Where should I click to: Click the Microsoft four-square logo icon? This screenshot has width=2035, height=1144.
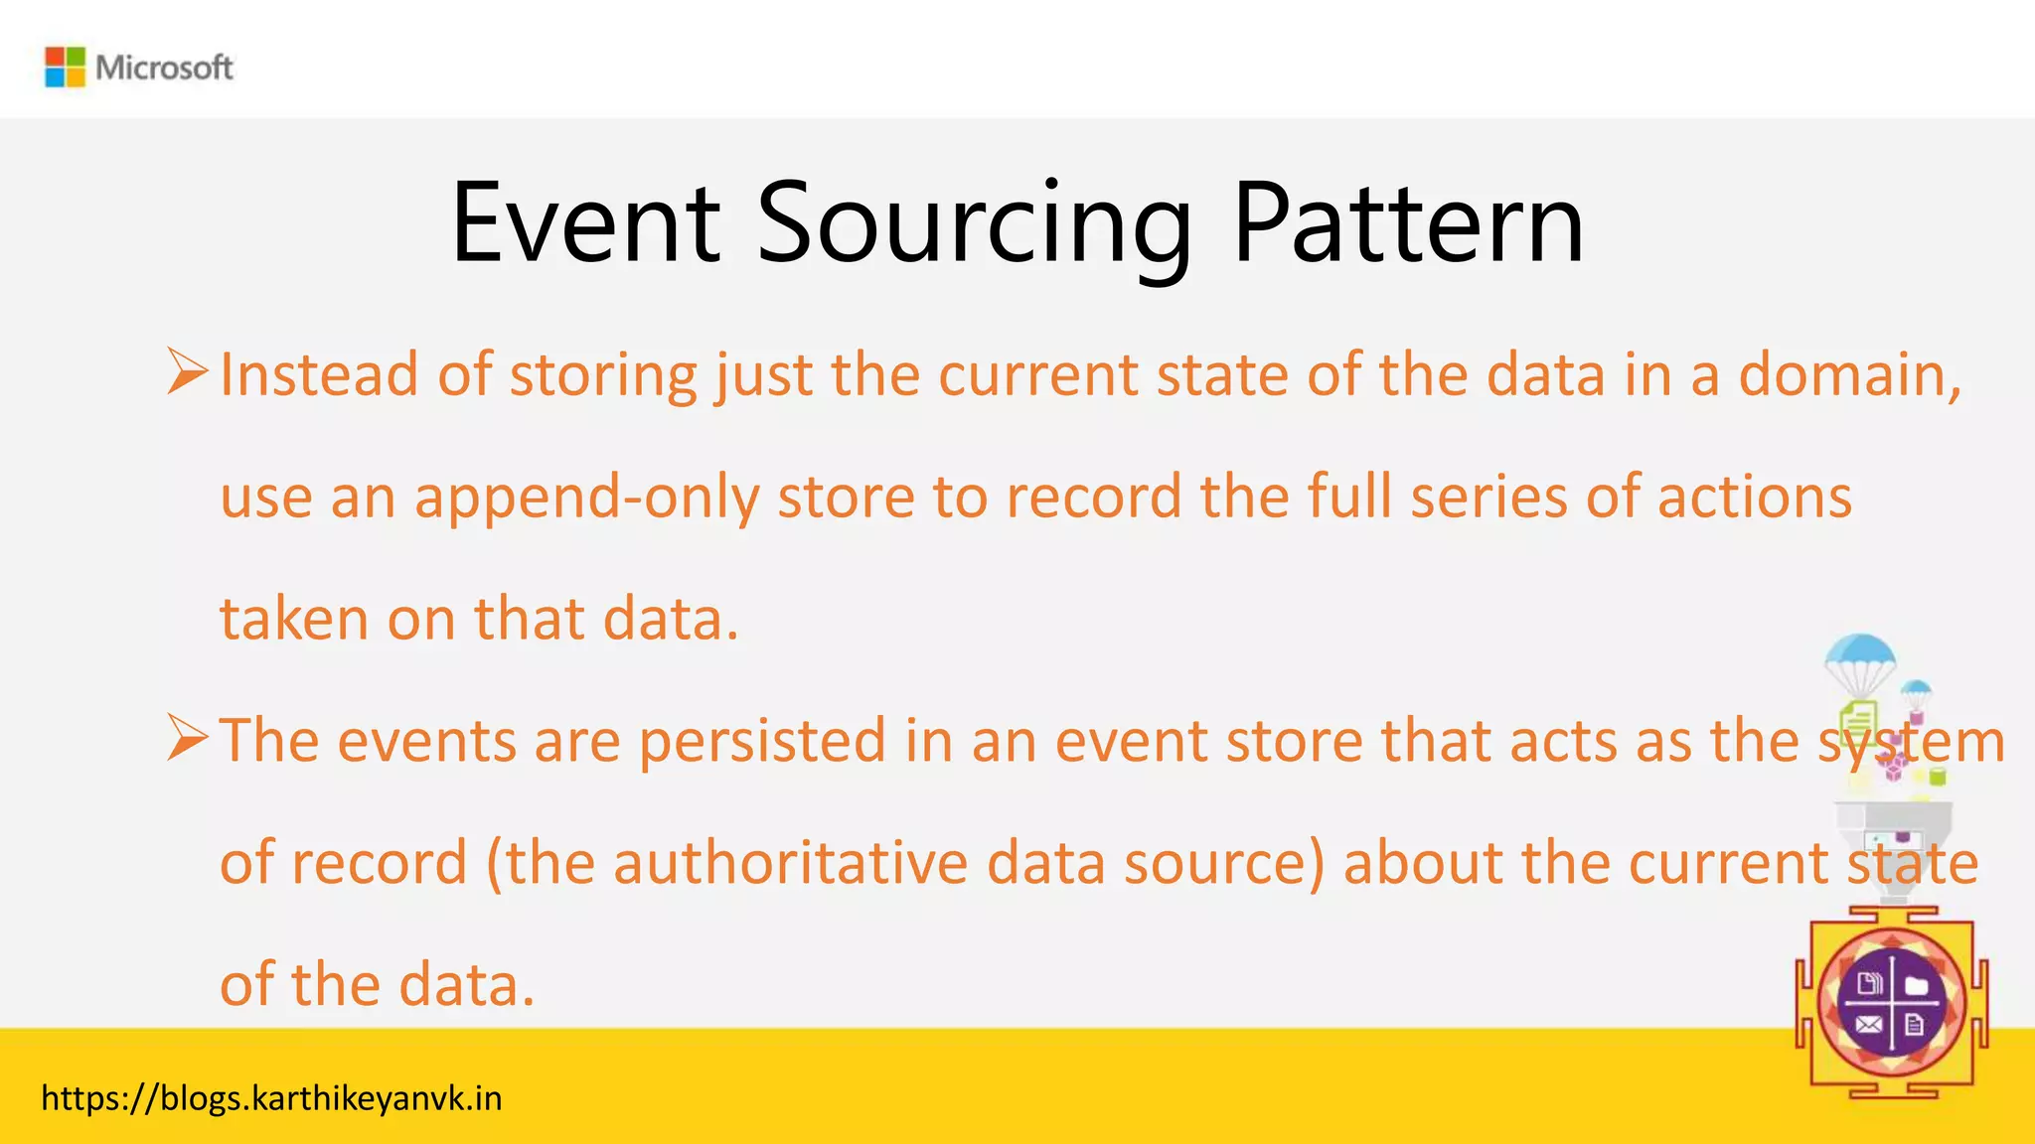[66, 67]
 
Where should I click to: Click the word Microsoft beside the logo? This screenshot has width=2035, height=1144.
[164, 68]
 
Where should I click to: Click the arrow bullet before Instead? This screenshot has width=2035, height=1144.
[187, 372]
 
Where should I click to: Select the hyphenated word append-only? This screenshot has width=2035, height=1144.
[587, 498]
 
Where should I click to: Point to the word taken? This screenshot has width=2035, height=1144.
[294, 619]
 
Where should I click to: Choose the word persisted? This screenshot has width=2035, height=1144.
[762, 741]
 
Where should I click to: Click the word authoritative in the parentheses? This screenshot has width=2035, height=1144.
[791, 863]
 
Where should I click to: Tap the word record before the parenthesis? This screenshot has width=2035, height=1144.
[379, 863]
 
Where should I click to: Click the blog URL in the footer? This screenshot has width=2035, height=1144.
[271, 1098]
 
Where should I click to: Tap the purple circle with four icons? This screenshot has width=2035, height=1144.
[1891, 1003]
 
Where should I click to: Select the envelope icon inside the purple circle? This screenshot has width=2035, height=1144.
[1869, 1025]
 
